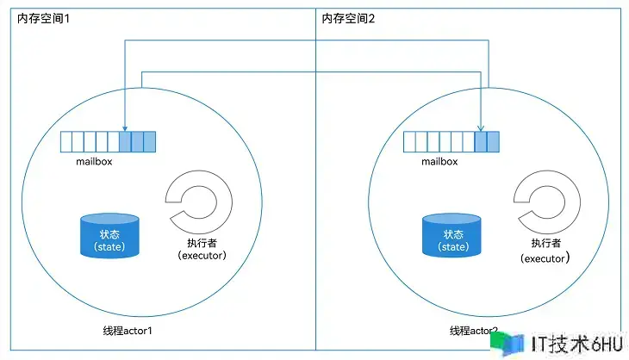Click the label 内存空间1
tap(43, 19)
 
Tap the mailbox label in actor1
tap(95, 160)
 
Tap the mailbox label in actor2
tap(439, 160)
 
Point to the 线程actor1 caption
tap(132, 331)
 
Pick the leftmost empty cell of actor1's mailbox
tap(66, 141)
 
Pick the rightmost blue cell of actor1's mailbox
tap(149, 141)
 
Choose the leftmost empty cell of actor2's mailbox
tap(409, 141)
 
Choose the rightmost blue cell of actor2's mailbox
tap(493, 141)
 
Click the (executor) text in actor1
tap(200, 256)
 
